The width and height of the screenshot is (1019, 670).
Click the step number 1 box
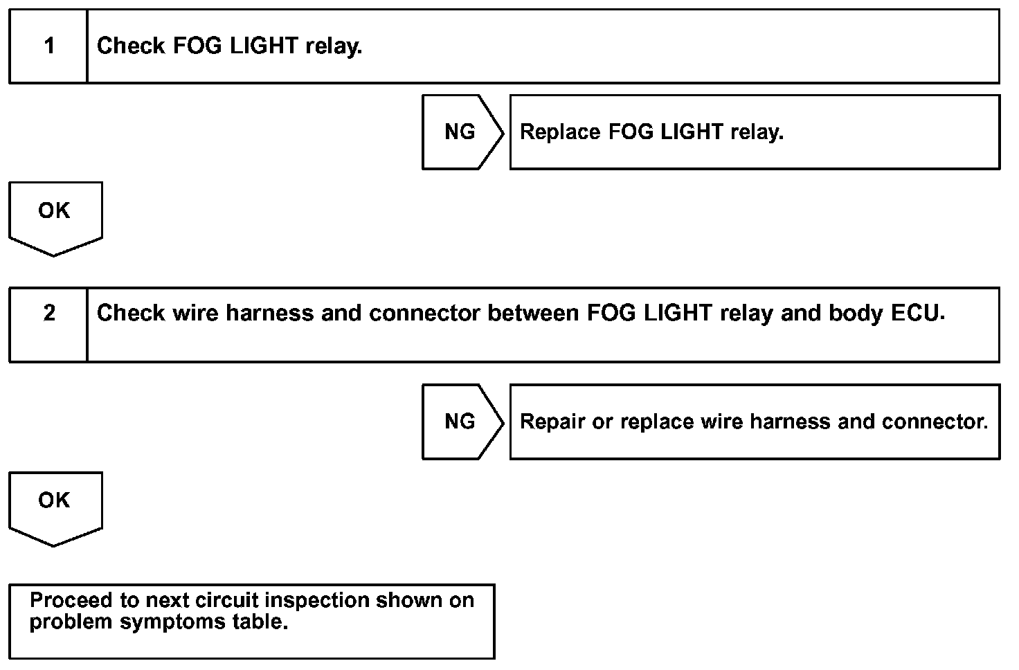point(48,46)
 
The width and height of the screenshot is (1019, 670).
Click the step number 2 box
point(48,324)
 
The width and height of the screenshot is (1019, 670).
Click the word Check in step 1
point(131,46)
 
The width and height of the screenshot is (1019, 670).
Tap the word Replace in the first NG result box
point(560,132)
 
